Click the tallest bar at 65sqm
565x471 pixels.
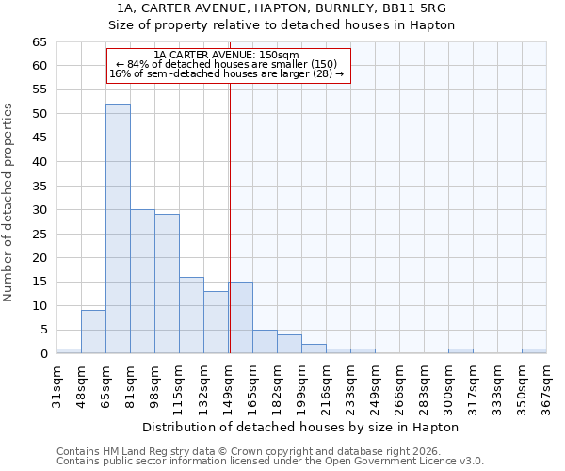(x=118, y=229)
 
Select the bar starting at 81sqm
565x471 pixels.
(x=142, y=282)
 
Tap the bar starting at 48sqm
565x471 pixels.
(x=93, y=332)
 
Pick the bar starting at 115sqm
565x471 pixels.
(x=191, y=316)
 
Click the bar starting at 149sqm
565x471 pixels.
(x=240, y=317)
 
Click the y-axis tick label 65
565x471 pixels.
(x=39, y=42)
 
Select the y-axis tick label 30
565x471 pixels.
(x=39, y=210)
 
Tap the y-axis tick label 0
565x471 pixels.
(x=42, y=354)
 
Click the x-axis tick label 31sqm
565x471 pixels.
(x=56, y=383)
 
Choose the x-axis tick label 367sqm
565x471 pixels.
(x=546, y=383)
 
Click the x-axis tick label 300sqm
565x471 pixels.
(x=448, y=383)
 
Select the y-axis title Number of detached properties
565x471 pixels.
(x=8, y=203)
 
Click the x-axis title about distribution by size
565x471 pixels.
(x=300, y=427)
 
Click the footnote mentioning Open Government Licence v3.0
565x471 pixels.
(x=269, y=461)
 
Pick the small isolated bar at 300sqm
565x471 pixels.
(x=460, y=351)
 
